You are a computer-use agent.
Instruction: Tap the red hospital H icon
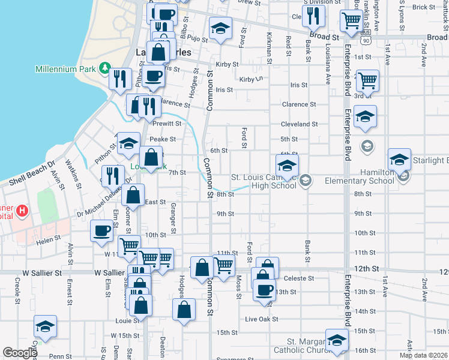pyautogui.click(x=22, y=211)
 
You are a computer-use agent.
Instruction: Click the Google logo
pyautogui.click(x=20, y=353)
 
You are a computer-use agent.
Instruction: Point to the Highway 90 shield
pyautogui.click(x=366, y=40)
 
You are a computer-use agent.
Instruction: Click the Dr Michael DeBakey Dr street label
pyautogui.click(x=103, y=204)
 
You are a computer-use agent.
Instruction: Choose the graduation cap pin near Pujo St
pyautogui.click(x=220, y=28)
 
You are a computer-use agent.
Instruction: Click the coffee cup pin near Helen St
pyautogui.click(x=101, y=230)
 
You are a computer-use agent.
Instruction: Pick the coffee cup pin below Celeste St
pyautogui.click(x=264, y=290)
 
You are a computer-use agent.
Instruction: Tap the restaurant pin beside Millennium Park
pyautogui.click(x=121, y=78)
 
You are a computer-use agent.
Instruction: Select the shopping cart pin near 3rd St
pyautogui.click(x=367, y=79)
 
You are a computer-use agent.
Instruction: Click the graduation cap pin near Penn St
pyautogui.click(x=45, y=327)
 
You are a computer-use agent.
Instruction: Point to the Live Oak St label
pyautogui.click(x=262, y=319)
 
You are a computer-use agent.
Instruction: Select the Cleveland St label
pyautogui.click(x=299, y=124)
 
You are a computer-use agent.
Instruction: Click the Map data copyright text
pyautogui.click(x=423, y=355)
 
